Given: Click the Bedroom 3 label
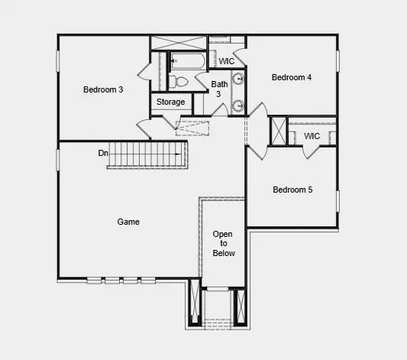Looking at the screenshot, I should coord(103,89).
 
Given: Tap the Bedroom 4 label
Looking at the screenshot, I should coord(292,77).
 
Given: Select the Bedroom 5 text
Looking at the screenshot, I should coord(292,190).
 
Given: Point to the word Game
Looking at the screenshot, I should coord(128,222).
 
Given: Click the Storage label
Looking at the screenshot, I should coord(170,102).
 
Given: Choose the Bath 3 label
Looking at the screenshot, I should coord(219,89).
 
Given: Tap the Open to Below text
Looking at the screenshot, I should coord(224,243).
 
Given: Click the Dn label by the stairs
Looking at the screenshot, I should coord(103,153).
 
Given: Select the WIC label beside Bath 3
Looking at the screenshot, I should coord(227,61).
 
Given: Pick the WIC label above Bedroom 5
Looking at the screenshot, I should coord(312,136).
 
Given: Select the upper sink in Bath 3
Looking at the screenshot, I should coord(237,77).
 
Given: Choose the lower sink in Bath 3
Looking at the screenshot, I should coord(237,105).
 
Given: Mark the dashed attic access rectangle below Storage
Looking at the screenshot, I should coord(192,127).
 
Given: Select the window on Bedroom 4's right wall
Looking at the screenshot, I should coord(336,60).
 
